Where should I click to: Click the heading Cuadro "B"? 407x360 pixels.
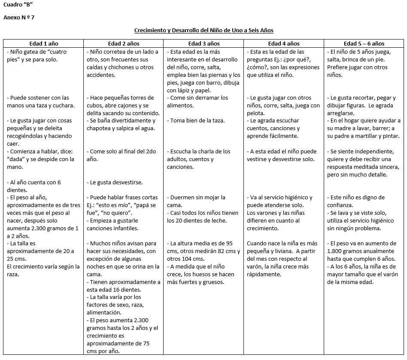(18, 5)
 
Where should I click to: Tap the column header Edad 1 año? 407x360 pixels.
(43, 43)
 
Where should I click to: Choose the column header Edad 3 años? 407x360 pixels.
(203, 43)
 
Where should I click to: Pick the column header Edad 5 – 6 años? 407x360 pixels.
(364, 43)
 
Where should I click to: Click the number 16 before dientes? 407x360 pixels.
(120, 290)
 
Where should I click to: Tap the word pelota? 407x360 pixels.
(255, 113)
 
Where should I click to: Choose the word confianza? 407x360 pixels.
(341, 205)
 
